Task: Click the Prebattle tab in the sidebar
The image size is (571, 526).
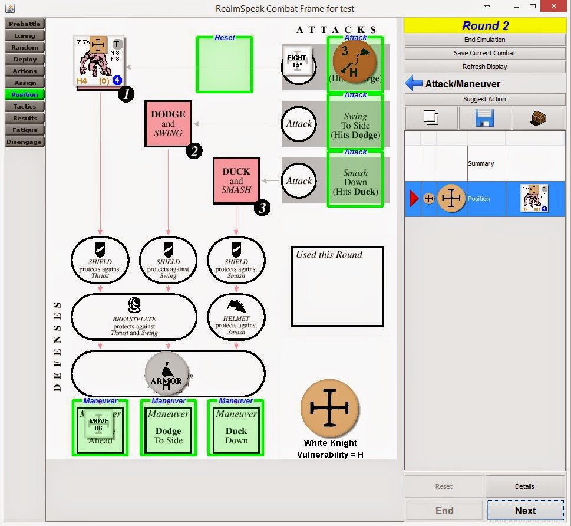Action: click(25, 24)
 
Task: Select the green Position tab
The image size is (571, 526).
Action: click(25, 95)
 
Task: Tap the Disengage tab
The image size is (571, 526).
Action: click(25, 142)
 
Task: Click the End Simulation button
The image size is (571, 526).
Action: click(484, 40)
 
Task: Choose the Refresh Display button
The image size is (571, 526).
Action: click(484, 67)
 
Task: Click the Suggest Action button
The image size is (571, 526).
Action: click(484, 99)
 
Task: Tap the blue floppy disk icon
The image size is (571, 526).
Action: click(485, 118)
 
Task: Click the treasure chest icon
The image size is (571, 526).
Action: click(538, 118)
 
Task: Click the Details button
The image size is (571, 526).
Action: click(524, 486)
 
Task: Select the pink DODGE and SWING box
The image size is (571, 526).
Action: click(169, 124)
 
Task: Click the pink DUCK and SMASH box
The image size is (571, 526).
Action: click(236, 181)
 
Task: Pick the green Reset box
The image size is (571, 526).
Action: click(225, 65)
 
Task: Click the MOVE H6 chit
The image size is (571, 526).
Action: click(98, 425)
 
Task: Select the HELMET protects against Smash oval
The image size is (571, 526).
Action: click(236, 318)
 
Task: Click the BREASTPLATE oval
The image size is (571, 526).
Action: click(134, 318)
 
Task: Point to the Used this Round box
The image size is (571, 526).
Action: click(337, 287)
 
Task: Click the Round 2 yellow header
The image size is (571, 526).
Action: click(485, 25)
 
